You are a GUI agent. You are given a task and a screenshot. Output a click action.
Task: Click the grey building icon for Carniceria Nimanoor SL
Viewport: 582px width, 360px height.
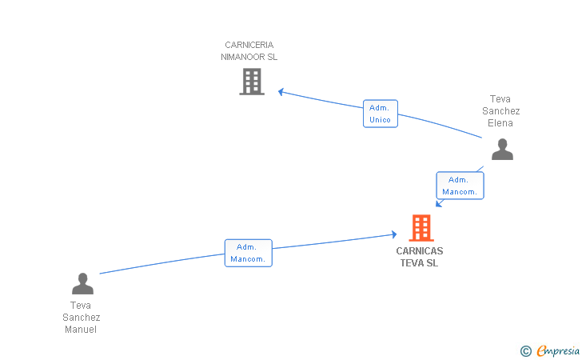click(x=252, y=82)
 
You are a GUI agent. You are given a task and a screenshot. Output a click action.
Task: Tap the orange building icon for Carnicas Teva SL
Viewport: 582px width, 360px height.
click(x=421, y=228)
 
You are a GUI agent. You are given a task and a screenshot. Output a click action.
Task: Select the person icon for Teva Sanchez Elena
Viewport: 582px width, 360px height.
click(x=502, y=149)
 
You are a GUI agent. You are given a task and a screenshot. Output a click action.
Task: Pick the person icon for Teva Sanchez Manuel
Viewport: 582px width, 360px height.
click(x=82, y=283)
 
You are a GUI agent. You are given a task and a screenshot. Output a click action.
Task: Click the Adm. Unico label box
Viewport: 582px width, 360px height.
click(x=380, y=114)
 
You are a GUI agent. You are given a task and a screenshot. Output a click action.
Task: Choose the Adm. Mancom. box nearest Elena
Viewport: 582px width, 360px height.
click(x=460, y=186)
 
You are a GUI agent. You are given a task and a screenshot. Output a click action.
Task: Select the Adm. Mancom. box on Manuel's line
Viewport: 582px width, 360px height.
click(x=249, y=253)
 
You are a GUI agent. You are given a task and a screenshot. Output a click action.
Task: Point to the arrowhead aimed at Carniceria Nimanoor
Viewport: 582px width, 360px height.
click(x=281, y=92)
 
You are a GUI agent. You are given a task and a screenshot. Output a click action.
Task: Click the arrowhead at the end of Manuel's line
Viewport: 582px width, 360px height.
click(x=394, y=234)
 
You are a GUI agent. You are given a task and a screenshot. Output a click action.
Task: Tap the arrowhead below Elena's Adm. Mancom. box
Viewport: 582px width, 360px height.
click(x=439, y=203)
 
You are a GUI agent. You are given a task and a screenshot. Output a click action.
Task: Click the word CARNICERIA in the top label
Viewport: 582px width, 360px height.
click(x=249, y=45)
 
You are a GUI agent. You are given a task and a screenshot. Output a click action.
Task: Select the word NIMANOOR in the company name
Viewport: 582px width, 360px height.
click(x=243, y=57)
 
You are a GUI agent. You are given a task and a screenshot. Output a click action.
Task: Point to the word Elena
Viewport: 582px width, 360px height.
click(x=500, y=123)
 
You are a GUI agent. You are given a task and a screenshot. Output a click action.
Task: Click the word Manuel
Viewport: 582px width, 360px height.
click(x=81, y=330)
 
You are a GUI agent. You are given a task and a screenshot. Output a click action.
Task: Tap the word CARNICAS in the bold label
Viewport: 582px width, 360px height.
click(x=420, y=251)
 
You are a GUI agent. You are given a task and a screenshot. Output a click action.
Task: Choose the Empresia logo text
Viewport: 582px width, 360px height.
click(x=558, y=350)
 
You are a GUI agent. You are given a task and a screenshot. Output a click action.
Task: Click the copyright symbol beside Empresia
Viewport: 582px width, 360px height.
click(x=526, y=351)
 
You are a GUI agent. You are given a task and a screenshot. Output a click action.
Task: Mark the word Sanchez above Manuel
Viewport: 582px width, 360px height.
click(x=82, y=318)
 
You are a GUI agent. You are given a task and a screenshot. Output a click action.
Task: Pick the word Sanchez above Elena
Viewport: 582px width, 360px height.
click(x=500, y=111)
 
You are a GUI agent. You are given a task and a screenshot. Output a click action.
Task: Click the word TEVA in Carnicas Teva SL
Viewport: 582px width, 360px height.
click(x=411, y=263)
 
